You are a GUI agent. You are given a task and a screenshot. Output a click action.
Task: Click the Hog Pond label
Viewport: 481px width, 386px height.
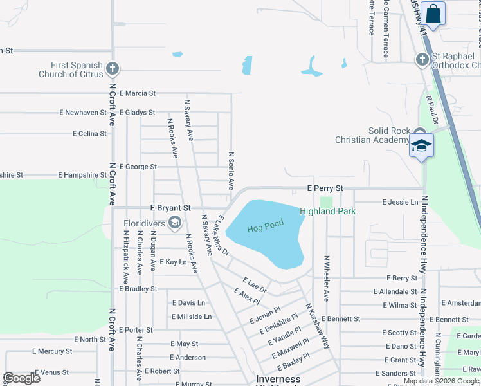(265, 226)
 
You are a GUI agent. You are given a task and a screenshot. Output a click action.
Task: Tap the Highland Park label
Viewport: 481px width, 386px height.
(328, 211)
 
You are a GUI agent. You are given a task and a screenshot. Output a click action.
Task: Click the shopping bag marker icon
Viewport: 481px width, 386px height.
(433, 14)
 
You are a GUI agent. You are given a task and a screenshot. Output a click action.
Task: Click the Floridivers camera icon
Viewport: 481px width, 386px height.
(174, 223)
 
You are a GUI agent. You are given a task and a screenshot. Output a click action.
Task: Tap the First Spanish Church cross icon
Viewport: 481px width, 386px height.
(113, 68)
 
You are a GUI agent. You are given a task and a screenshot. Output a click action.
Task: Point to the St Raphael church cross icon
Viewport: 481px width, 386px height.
(422, 60)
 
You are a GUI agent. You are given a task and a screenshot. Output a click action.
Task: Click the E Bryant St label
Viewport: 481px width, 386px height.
(170, 208)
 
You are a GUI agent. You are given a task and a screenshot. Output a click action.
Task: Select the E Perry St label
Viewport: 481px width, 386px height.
(325, 188)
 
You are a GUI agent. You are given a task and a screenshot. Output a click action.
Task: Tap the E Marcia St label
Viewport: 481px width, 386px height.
(138, 93)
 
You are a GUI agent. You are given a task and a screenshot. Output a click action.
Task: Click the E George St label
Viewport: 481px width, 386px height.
(138, 167)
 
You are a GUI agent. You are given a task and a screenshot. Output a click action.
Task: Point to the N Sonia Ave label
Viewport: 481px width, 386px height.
(231, 170)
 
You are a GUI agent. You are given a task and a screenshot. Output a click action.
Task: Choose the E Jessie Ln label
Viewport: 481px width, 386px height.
(400, 202)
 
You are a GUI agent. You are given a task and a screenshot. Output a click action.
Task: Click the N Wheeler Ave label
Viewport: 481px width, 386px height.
(327, 278)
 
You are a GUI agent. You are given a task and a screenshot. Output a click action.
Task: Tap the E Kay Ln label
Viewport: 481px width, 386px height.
(173, 262)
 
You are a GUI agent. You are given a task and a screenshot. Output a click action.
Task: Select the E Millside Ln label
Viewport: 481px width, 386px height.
(192, 317)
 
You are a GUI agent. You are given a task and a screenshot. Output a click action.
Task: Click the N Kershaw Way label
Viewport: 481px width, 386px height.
(317, 326)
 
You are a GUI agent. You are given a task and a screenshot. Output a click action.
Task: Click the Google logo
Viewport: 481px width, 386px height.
(21, 378)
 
